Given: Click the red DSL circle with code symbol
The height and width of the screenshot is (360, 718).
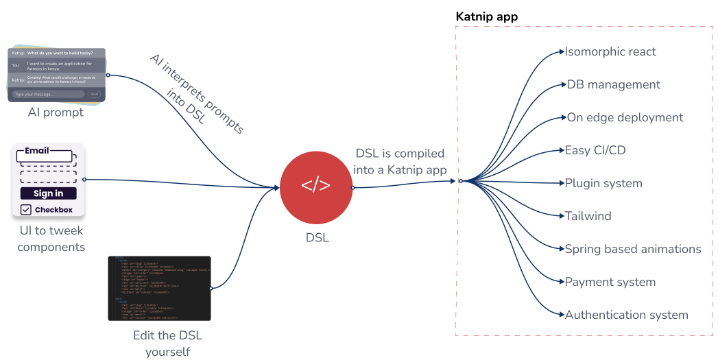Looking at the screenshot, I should click(x=315, y=186).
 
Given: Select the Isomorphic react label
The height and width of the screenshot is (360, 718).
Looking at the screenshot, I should click(x=610, y=51).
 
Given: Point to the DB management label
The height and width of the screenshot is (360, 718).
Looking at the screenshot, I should click(x=613, y=84).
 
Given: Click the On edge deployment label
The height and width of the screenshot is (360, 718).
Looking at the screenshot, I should click(x=625, y=117).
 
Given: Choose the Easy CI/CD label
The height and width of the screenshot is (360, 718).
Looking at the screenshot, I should click(x=595, y=150).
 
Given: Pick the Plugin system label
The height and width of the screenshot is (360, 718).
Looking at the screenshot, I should click(x=603, y=183).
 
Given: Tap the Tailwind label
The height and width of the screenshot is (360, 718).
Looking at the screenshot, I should click(x=588, y=216).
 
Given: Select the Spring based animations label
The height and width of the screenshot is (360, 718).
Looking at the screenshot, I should click(x=632, y=249).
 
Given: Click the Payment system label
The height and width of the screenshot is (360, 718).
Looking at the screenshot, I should click(x=610, y=282).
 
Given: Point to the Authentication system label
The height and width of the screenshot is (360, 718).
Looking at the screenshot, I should click(x=626, y=315).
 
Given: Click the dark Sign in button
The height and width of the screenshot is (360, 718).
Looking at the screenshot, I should click(x=48, y=193).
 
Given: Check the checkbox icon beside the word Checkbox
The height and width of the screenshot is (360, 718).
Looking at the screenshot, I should click(x=26, y=210).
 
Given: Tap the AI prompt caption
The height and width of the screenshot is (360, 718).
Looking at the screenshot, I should click(x=56, y=112).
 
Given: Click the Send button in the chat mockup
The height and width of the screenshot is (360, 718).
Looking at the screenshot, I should click(x=94, y=94).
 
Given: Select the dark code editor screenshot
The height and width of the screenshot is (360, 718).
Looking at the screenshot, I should click(x=159, y=288).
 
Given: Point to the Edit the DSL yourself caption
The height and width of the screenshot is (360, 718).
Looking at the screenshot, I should click(x=167, y=344).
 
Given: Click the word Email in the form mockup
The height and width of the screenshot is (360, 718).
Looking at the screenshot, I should click(x=37, y=150).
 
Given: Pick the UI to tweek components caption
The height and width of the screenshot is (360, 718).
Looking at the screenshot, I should click(x=51, y=239).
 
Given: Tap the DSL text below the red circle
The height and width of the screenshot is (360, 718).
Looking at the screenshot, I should click(x=317, y=238).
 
